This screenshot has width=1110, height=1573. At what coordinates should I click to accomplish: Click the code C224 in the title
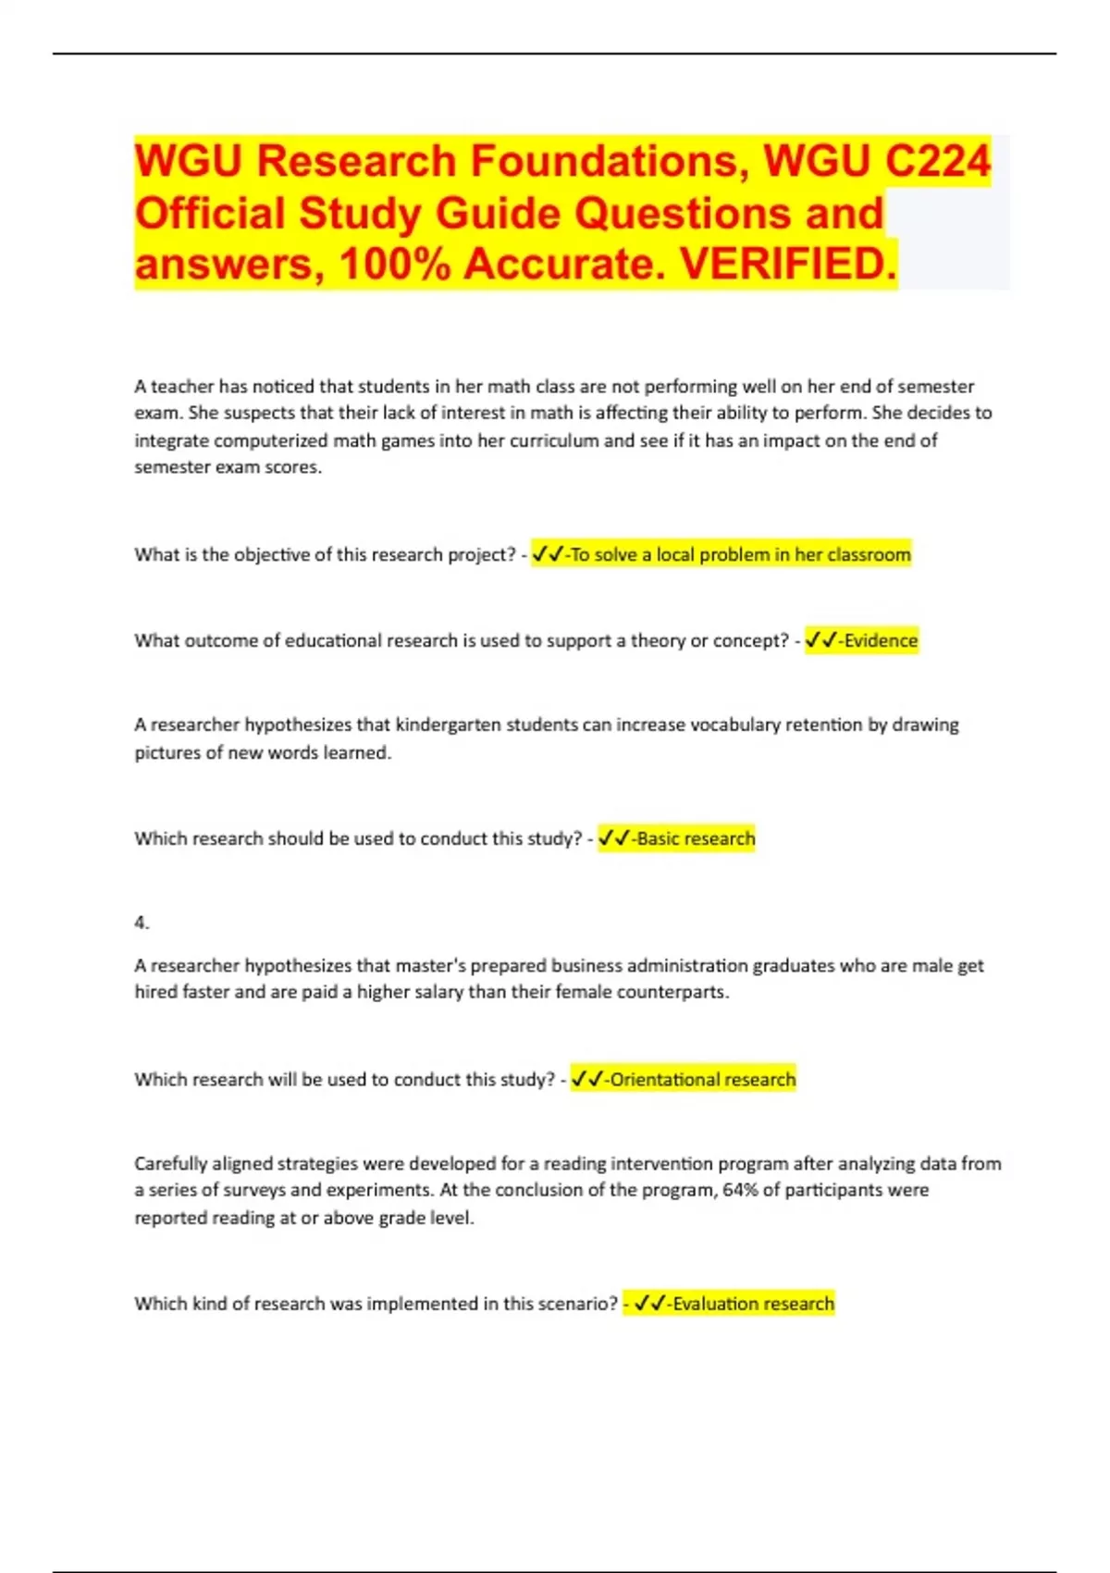(937, 161)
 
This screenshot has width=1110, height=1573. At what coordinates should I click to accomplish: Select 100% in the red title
(395, 265)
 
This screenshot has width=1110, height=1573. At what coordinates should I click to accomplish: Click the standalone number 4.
(141, 923)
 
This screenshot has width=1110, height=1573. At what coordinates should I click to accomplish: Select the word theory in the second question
(658, 640)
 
